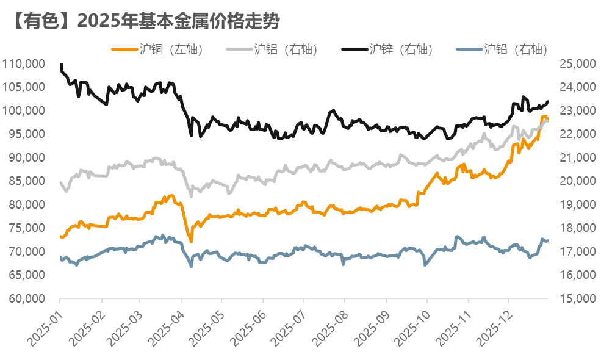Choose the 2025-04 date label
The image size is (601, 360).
(x=167, y=323)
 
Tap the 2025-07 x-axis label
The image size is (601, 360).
(x=289, y=323)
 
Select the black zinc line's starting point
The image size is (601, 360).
(x=60, y=64)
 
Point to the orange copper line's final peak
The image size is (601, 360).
(x=544, y=117)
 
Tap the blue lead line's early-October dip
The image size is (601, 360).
(x=425, y=265)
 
